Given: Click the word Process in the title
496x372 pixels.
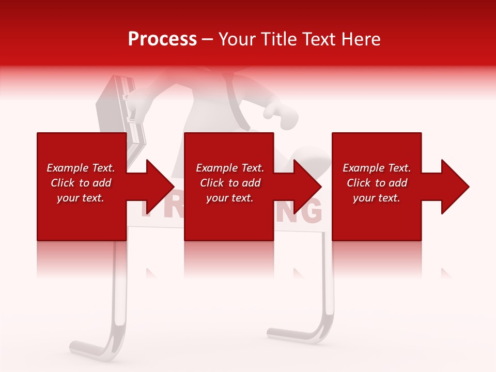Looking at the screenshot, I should [162, 39].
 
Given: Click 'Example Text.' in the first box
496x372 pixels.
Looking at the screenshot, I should [81, 168].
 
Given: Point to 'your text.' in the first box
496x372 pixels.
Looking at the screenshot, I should [81, 198].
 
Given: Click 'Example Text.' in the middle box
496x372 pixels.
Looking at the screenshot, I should [230, 168].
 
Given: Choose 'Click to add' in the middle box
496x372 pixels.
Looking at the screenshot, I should [230, 183].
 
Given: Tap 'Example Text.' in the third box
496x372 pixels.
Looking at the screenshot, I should [377, 168].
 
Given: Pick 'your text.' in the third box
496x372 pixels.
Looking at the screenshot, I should [377, 198].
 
